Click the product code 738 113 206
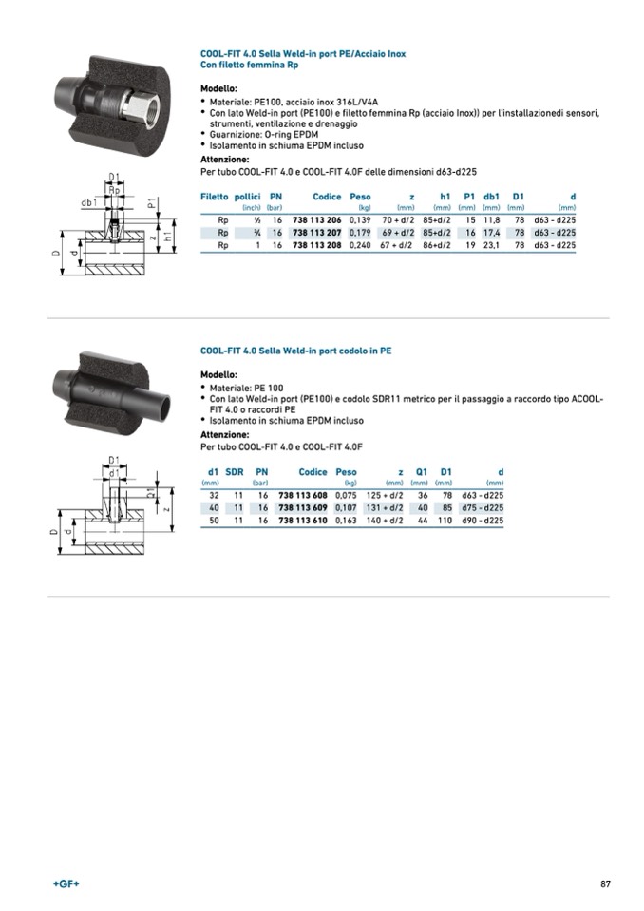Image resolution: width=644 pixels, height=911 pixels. (x=316, y=219)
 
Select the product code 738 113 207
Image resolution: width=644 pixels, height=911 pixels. (x=316, y=232)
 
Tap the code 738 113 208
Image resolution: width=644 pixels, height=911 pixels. (x=316, y=244)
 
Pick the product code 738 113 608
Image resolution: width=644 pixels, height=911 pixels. (x=303, y=495)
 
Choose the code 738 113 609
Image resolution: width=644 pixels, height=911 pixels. (x=303, y=507)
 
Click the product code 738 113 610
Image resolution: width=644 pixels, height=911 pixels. (x=303, y=520)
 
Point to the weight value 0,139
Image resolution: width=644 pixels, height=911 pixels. (x=359, y=219)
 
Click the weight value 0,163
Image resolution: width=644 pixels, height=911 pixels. (x=346, y=520)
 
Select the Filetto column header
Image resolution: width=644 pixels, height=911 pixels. (x=214, y=197)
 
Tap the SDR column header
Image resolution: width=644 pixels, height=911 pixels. (x=235, y=472)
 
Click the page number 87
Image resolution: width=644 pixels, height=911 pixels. (x=605, y=884)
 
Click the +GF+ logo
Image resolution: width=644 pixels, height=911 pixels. (x=66, y=884)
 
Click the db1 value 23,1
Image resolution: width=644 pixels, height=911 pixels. (x=491, y=244)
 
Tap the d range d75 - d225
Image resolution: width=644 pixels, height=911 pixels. (x=483, y=507)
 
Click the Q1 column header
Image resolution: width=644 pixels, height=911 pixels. (x=422, y=472)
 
